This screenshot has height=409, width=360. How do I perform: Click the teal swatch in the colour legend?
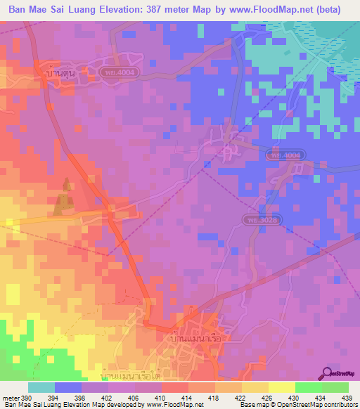point(41,387)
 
